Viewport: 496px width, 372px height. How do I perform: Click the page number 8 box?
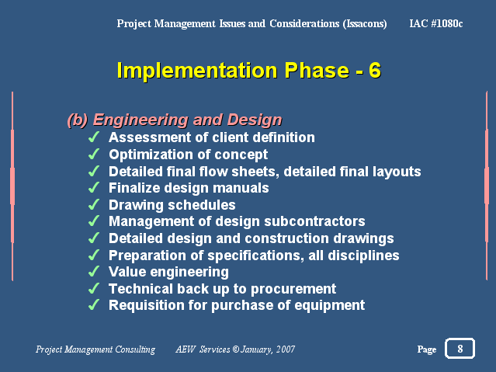click(x=460, y=348)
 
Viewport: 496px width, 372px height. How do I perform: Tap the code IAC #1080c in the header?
click(x=436, y=23)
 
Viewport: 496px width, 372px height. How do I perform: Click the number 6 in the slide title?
click(x=375, y=70)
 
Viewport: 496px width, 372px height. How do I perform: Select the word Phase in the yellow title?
click(x=317, y=70)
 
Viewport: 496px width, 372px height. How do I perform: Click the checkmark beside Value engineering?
click(x=94, y=272)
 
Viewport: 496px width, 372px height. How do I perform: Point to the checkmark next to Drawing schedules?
click(x=94, y=204)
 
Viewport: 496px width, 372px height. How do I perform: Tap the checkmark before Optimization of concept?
click(x=94, y=155)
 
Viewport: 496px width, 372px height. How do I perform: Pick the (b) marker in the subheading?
click(x=78, y=120)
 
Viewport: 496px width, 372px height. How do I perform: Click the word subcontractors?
click(x=314, y=221)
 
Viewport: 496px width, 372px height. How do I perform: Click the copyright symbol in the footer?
click(x=236, y=349)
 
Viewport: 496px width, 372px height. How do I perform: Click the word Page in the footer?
click(x=427, y=349)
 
